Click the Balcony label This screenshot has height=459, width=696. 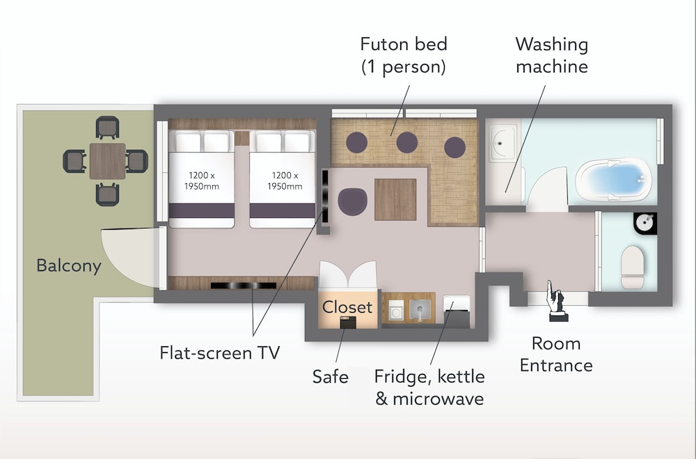point(69,265)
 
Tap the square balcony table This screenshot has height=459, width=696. point(107,161)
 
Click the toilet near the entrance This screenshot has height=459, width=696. point(633,267)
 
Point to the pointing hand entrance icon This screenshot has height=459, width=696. point(556,300)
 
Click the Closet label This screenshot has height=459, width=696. point(347,307)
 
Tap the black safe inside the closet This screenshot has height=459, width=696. point(348,322)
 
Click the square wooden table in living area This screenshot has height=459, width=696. point(395,199)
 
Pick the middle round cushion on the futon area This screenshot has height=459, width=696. point(407,143)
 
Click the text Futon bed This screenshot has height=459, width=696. point(404,45)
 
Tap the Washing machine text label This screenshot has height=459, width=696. point(552,56)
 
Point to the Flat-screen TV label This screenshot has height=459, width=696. point(220,353)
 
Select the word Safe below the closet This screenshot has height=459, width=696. point(330,377)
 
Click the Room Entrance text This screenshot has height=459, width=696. point(556,355)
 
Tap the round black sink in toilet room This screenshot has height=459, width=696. point(645,223)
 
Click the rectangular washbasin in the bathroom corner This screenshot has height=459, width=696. point(503,143)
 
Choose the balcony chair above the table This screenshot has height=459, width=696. point(107,127)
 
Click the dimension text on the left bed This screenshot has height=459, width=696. point(202,181)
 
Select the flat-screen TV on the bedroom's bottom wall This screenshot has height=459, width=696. point(243,286)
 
